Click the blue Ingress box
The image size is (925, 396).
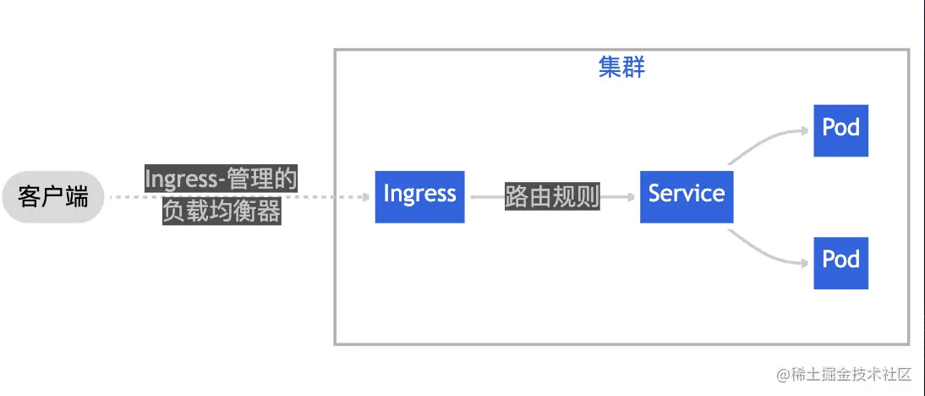(x=419, y=196)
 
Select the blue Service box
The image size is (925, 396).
(x=686, y=196)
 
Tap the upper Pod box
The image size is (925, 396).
(x=840, y=130)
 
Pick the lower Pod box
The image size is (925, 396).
(x=840, y=262)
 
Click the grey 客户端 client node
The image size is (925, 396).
(x=52, y=197)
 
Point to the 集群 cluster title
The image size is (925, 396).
(x=621, y=68)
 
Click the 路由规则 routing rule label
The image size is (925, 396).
(x=552, y=196)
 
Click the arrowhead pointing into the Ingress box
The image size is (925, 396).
(x=365, y=197)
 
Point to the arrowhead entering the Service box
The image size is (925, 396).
(x=630, y=196)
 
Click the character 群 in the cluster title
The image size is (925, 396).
(x=633, y=68)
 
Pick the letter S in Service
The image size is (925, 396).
(x=654, y=194)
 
